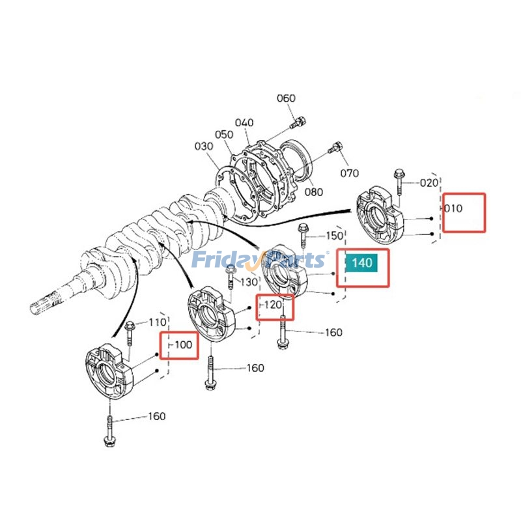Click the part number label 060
click(x=286, y=98)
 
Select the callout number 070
click(x=350, y=173)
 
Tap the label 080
click(x=314, y=192)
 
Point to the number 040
click(x=244, y=123)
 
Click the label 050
click(x=224, y=134)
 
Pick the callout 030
click(x=204, y=147)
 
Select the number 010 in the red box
click(x=453, y=208)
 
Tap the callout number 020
click(x=429, y=183)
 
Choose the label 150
click(x=334, y=235)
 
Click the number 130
click(x=249, y=282)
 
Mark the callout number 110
click(x=158, y=322)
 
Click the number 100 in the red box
click(x=184, y=345)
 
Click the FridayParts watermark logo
click(x=259, y=260)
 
